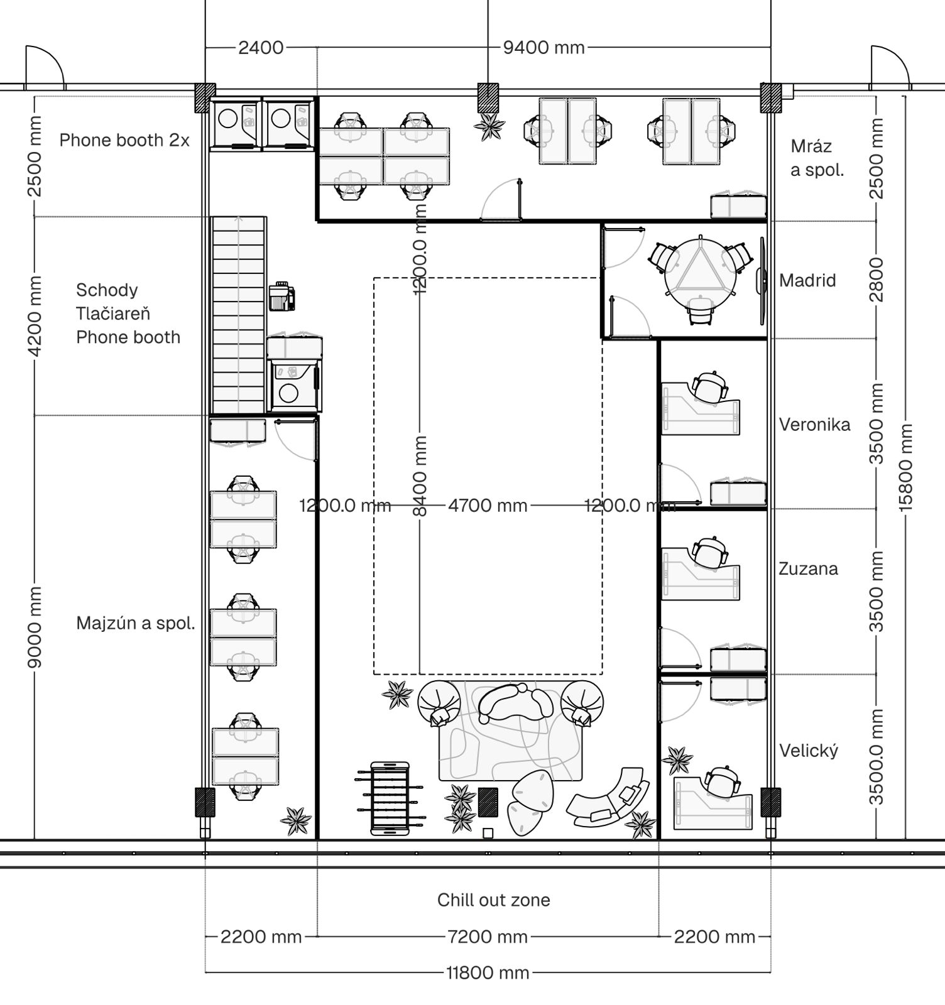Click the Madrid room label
[x=807, y=280]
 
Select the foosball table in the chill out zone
[x=390, y=798]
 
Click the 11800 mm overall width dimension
[x=488, y=973]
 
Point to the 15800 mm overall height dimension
[x=905, y=467]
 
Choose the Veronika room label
[x=815, y=425]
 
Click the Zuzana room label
[x=809, y=569]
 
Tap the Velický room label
[x=809, y=751]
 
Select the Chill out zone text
[x=494, y=900]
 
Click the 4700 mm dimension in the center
[x=488, y=505]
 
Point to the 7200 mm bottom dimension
[x=488, y=937]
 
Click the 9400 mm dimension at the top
[x=544, y=47]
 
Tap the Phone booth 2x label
[x=124, y=140]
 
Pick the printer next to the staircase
[x=282, y=296]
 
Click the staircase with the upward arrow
[x=239, y=315]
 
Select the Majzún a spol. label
[x=136, y=623]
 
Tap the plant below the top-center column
[x=489, y=127]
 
